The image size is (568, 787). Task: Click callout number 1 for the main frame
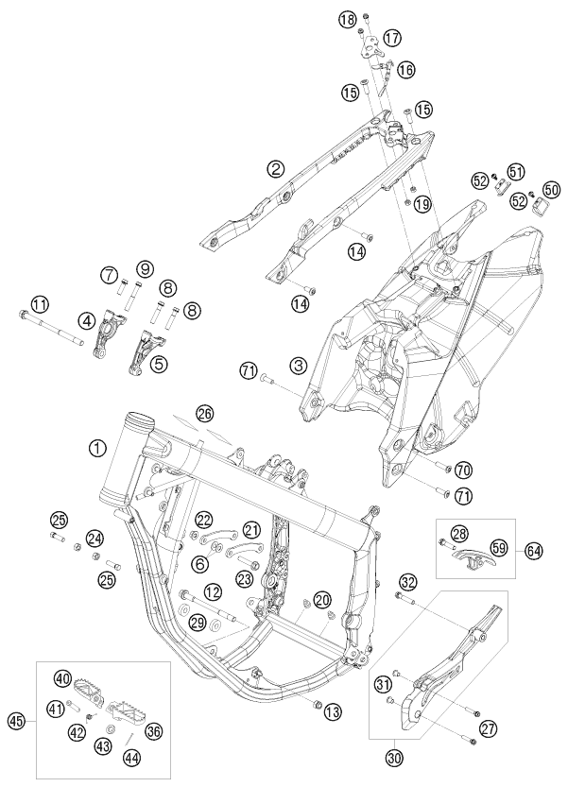97,448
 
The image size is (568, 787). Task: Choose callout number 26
205,412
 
